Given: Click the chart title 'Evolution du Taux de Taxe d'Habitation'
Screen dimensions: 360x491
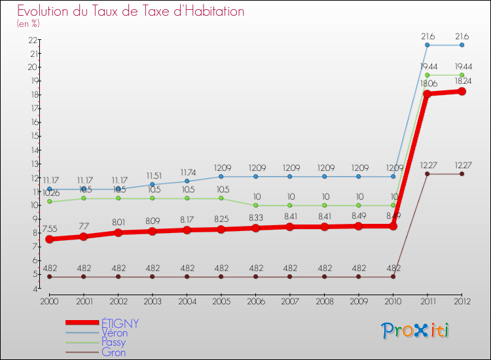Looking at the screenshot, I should (131, 12).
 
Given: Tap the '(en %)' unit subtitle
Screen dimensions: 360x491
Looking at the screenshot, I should (28, 24).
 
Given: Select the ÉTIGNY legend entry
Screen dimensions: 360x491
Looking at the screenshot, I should (120, 323).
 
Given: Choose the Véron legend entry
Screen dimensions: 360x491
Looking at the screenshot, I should (114, 333).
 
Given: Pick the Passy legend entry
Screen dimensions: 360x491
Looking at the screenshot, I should (113, 342).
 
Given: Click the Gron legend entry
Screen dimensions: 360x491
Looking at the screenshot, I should (113, 352).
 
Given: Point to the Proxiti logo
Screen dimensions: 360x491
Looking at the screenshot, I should (416, 331).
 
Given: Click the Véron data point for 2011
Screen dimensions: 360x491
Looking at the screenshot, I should (427, 45).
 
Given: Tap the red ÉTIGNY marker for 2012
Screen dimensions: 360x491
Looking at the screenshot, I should (462, 92).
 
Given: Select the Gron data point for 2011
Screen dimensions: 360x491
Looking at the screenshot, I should (427, 174).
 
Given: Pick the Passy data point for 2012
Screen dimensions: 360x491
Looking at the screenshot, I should (462, 75).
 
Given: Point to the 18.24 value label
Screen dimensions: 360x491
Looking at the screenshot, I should (462, 82).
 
